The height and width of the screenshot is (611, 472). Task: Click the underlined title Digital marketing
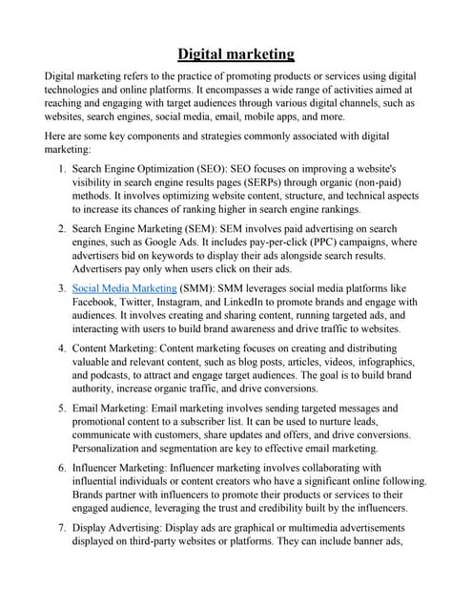[236, 53]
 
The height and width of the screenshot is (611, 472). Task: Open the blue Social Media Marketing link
[124, 287]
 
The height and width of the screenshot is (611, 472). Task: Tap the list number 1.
[61, 169]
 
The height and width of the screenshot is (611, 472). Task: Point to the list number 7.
[61, 525]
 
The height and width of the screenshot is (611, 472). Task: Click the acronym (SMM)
[202, 287]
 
